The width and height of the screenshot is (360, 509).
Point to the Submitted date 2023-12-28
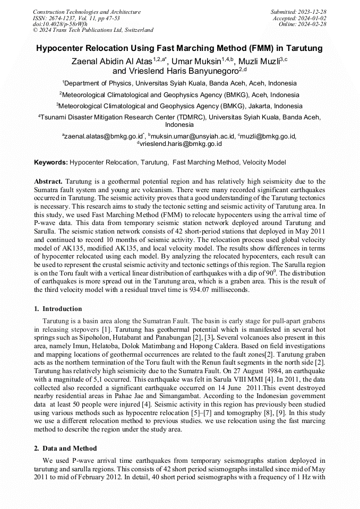(313, 12)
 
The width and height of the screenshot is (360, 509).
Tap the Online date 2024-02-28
(313, 24)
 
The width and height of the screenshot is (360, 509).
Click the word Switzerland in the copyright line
(137, 30)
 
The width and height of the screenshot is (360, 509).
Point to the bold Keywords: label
(51, 162)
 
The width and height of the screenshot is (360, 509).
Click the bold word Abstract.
(48, 181)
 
